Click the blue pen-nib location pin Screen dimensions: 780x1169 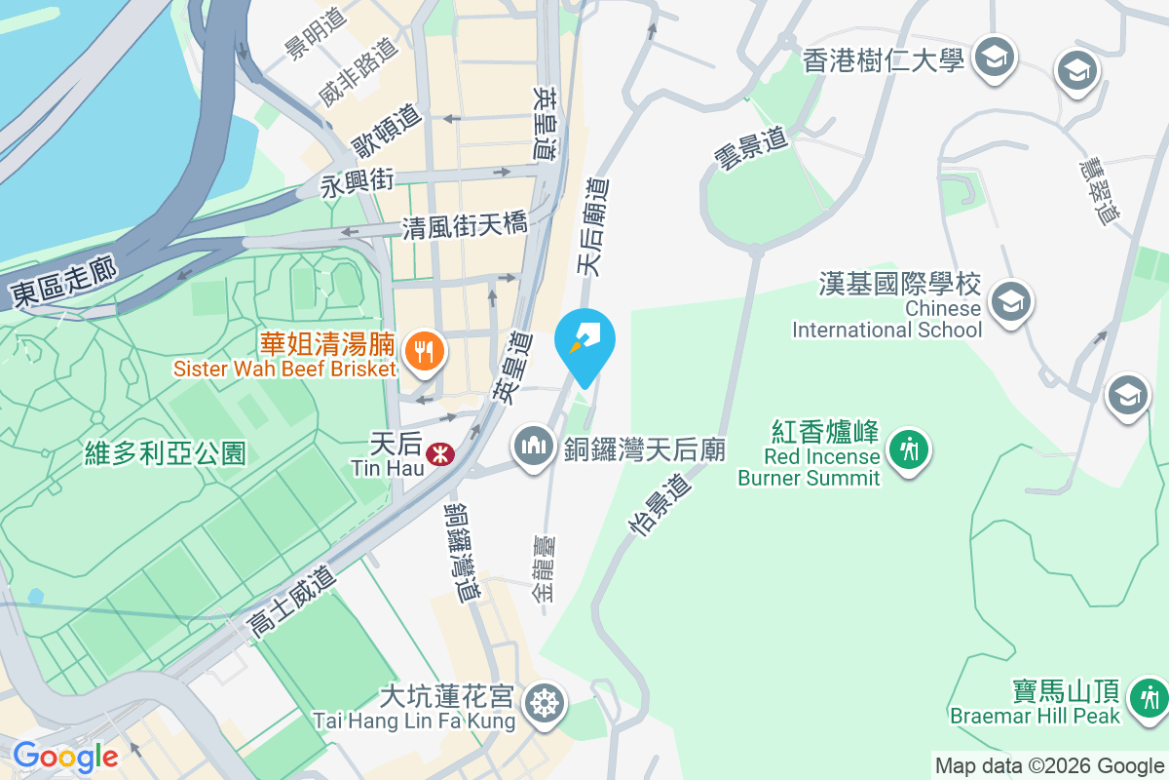tap(584, 341)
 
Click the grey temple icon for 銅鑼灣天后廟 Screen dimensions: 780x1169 tap(533, 448)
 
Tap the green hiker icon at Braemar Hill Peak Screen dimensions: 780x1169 tap(1150, 697)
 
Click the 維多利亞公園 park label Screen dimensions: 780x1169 tap(166, 452)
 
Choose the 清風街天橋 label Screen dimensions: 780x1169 tap(466, 226)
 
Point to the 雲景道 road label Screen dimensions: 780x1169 tap(751, 150)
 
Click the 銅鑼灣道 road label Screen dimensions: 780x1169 tap(463, 552)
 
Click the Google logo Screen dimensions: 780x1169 tap(65, 756)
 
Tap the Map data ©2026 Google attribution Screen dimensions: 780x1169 tap(1049, 765)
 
